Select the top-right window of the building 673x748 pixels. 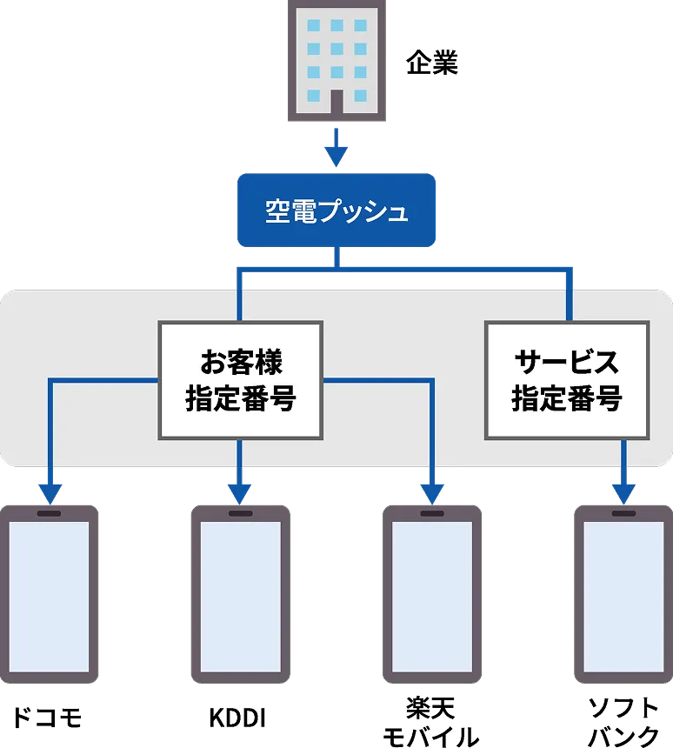click(359, 25)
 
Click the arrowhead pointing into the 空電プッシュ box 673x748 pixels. click(336, 157)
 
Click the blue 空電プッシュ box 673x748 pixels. click(336, 211)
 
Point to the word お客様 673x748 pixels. click(240, 361)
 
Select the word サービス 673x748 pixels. click(566, 361)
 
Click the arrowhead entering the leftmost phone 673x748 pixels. click(50, 494)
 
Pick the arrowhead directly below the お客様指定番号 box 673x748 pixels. click(240, 494)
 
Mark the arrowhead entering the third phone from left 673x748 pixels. click(432, 494)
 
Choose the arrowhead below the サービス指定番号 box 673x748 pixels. click(623, 494)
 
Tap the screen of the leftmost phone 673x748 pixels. click(50, 597)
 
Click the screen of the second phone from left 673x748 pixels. click(240, 597)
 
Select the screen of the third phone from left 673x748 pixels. click(432, 597)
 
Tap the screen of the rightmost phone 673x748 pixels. click(623, 597)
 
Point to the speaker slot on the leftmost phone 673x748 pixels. click(50, 514)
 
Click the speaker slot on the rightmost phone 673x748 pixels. click(623, 514)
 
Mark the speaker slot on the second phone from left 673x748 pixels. click(240, 514)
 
